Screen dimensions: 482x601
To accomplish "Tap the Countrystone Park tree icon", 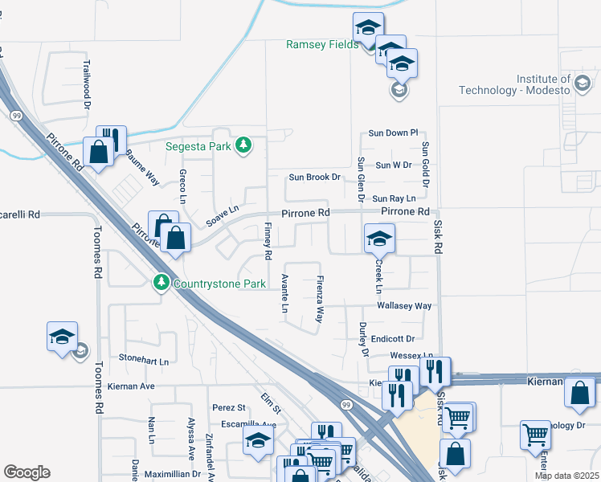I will pos(161,283).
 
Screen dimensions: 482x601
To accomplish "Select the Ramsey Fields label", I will pos(321,44).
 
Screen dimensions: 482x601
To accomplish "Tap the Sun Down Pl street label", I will pos(394,133).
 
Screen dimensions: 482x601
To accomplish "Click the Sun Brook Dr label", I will pos(315,177).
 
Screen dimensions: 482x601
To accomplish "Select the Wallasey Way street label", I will pos(404,306).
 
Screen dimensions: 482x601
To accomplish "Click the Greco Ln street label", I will pos(183,186).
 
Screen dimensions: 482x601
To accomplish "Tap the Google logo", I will pos(27,472).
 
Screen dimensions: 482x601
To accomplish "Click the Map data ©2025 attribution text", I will pos(566,476).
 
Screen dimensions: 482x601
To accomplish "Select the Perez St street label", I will pos(228,408).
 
